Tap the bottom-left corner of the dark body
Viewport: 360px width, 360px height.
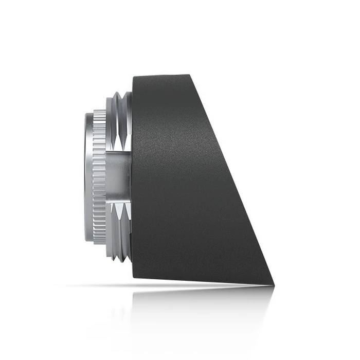133,278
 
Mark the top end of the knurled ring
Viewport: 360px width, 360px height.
99,111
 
